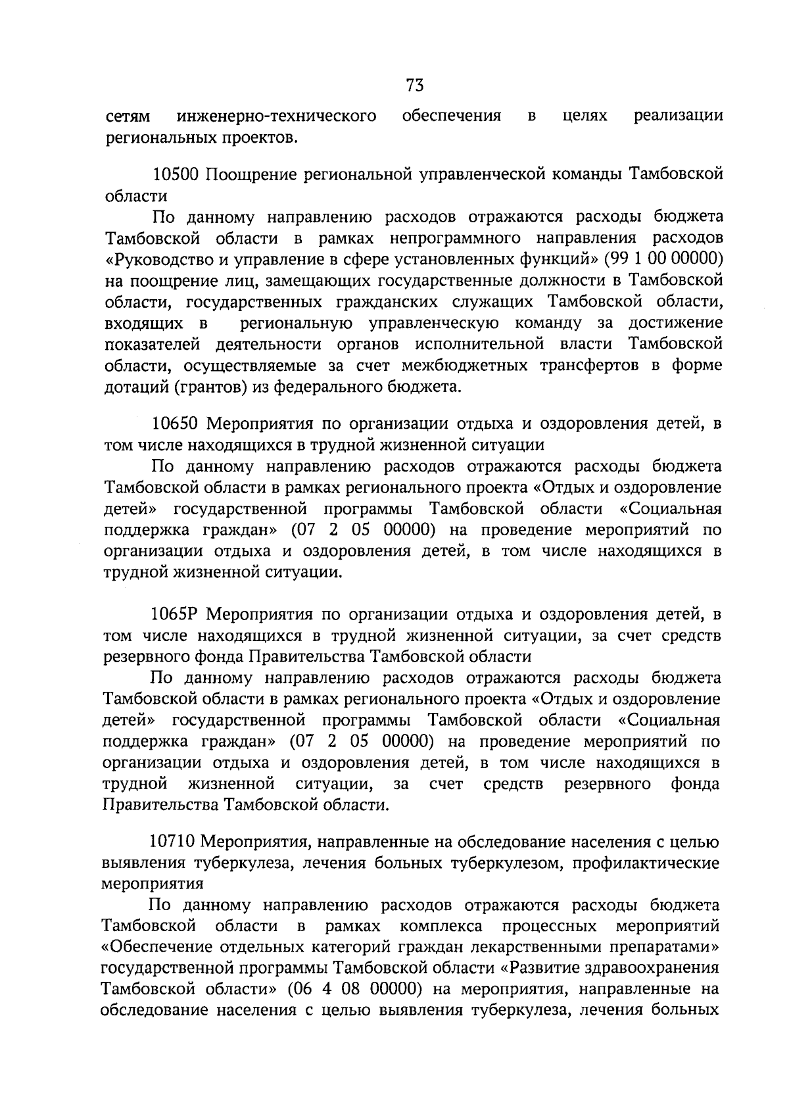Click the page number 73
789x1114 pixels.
pos(414,86)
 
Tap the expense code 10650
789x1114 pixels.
pos(175,424)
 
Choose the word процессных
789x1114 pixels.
pos(550,926)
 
